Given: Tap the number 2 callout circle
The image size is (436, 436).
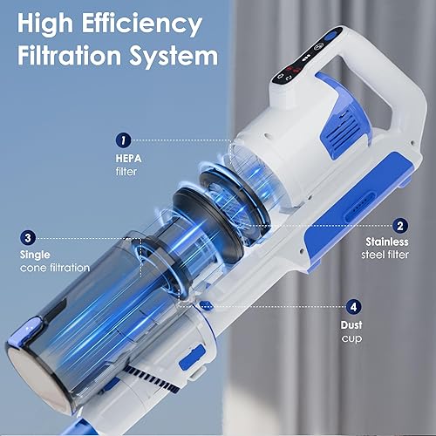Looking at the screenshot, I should click(400, 224).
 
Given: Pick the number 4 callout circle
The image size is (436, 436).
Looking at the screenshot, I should click(353, 306).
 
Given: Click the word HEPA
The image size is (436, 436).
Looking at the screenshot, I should click(128, 160).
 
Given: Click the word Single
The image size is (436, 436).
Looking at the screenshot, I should click(35, 255).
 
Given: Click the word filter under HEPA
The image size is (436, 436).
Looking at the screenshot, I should click(126, 172).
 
